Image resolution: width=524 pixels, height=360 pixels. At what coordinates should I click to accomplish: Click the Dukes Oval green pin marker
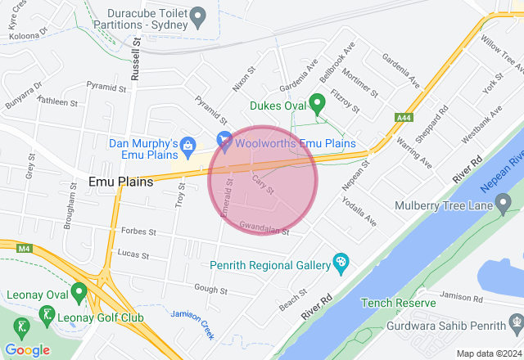pyautogui.click(x=318, y=103)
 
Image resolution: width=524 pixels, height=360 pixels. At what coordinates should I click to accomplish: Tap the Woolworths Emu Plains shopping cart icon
pyautogui.click(x=223, y=142)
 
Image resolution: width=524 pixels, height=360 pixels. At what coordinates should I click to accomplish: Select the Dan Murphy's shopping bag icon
pyautogui.click(x=187, y=145)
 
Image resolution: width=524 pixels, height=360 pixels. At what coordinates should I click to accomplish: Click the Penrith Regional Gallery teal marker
pyautogui.click(x=341, y=263)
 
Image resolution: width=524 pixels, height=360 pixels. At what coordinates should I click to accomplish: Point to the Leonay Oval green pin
pyautogui.click(x=79, y=290)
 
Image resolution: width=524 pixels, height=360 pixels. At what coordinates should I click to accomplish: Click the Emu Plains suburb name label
pyautogui.click(x=120, y=182)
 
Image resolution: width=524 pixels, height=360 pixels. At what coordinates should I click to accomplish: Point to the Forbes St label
pyautogui.click(x=138, y=232)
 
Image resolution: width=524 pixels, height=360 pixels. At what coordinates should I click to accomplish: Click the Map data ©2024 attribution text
pyautogui.click(x=488, y=353)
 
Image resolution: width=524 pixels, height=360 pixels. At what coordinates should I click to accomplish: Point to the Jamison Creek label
pyautogui.click(x=193, y=324)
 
